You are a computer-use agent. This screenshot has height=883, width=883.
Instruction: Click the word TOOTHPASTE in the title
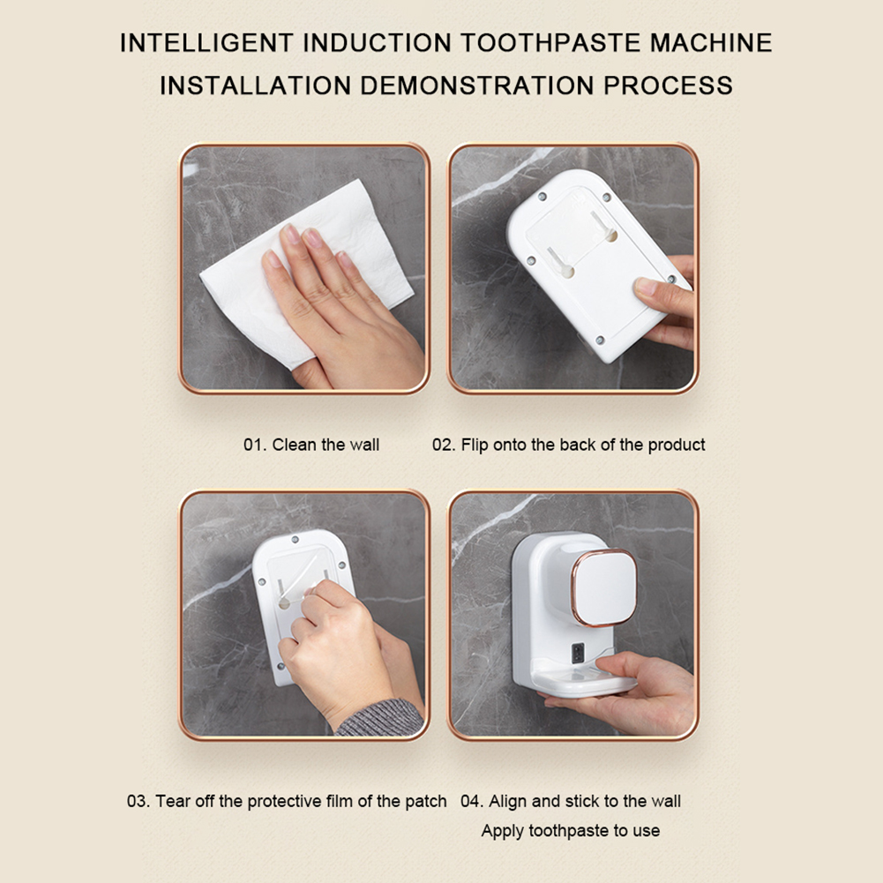[x=550, y=43]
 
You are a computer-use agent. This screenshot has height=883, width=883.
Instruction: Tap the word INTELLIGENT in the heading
[x=206, y=43]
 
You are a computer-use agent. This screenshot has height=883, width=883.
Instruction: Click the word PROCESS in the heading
[x=669, y=86]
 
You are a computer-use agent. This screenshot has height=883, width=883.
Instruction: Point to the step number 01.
[x=255, y=445]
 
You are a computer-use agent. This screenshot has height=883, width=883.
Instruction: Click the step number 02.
[x=444, y=445]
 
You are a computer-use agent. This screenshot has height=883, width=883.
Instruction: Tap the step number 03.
[x=138, y=801]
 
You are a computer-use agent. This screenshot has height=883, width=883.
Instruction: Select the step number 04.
[x=472, y=801]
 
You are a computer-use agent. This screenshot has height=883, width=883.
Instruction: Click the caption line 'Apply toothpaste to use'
[x=571, y=831]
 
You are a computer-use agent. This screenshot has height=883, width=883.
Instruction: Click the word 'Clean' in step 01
[x=294, y=445]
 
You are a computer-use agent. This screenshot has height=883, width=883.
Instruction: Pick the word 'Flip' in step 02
[x=475, y=445]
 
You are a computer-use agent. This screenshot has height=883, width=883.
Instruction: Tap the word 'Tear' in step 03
[x=173, y=801]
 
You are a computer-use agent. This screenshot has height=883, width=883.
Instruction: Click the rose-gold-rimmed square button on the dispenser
[x=603, y=588]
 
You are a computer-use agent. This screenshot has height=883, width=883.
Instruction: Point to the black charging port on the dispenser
[x=578, y=654]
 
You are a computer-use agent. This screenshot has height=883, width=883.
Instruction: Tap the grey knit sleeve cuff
[x=380, y=718]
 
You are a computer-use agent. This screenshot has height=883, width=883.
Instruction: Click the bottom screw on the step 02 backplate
[x=600, y=340]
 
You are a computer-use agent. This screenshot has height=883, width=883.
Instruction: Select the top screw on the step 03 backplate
[x=296, y=540]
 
